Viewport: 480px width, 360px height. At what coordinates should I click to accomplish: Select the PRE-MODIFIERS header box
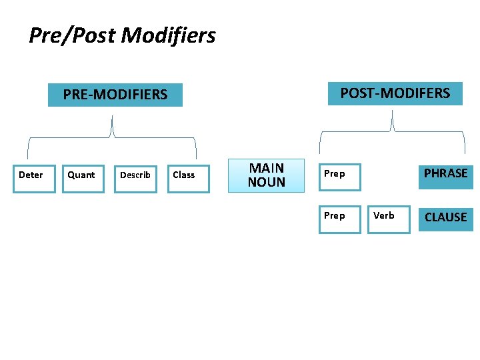pos(115,94)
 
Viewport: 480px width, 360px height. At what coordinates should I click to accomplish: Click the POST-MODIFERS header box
pos(395,93)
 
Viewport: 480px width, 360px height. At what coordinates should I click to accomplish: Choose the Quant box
pos(83,178)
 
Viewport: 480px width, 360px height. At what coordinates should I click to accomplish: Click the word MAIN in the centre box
pos(266,168)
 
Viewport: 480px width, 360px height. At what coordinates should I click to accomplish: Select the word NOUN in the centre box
pos(266,182)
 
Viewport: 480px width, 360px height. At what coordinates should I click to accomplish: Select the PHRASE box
pos(445,175)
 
